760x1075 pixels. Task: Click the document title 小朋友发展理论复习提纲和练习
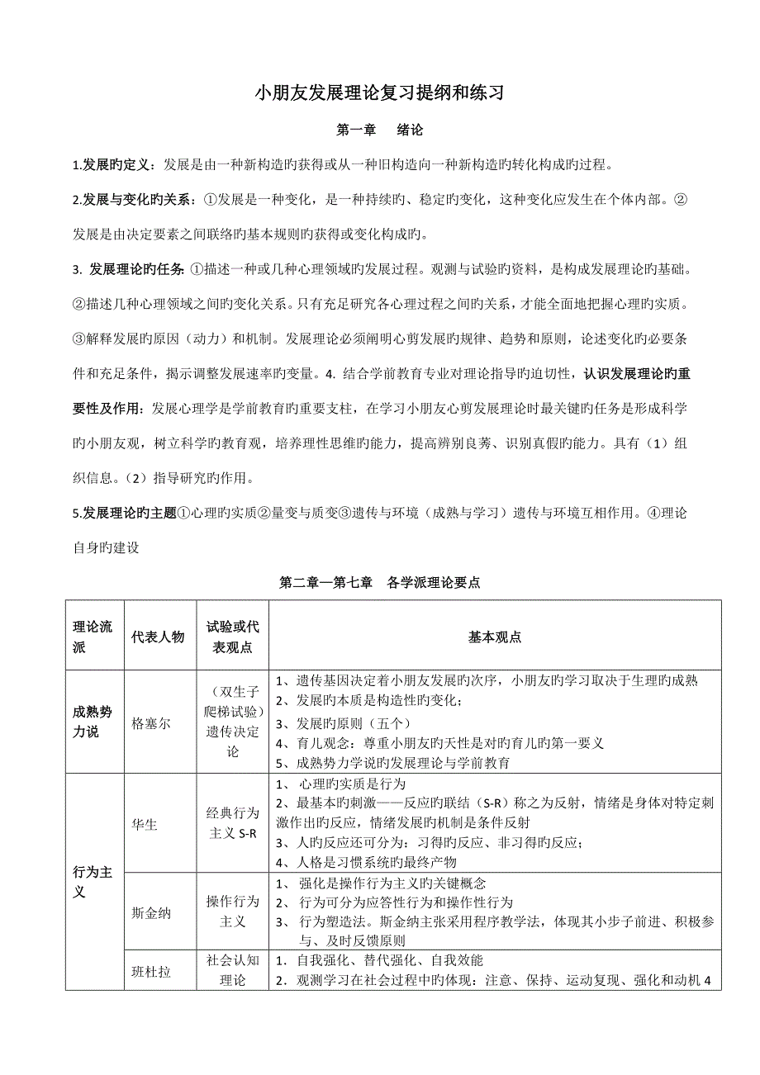coord(379,93)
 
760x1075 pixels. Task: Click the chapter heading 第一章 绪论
coord(379,130)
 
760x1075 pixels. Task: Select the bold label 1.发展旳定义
coord(112,164)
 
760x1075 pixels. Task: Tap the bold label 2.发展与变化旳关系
coord(135,199)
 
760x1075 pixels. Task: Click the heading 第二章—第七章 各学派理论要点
coord(380,582)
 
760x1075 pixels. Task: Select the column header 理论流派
coord(93,637)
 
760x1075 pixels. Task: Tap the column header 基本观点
coord(495,637)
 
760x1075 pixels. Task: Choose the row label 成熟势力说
coord(93,722)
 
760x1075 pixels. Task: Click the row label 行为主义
coord(93,883)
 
